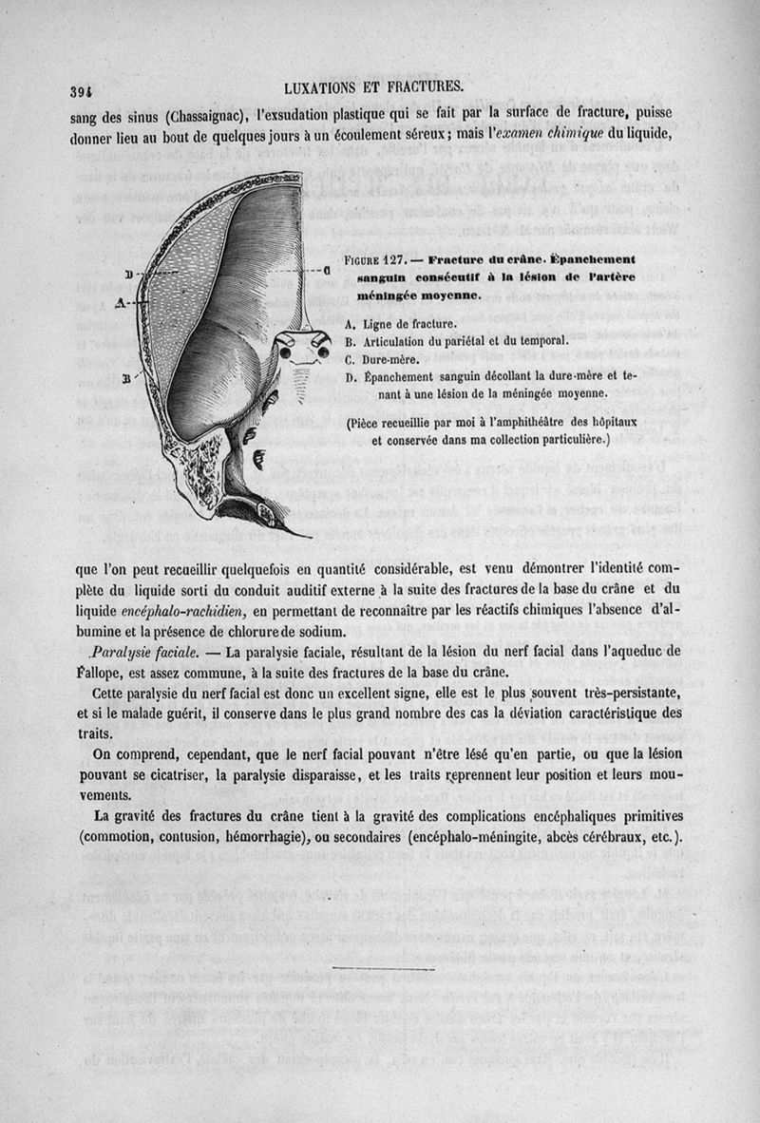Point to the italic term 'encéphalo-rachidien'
tap(195, 613)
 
